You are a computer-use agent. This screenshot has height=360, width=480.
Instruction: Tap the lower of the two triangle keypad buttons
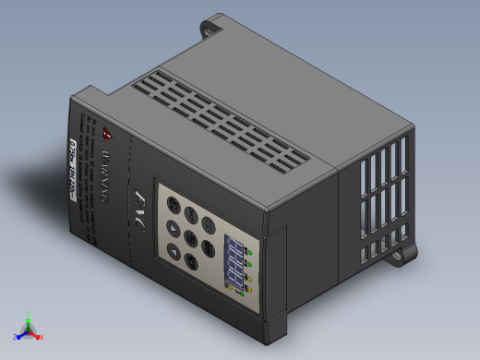[x=173, y=251]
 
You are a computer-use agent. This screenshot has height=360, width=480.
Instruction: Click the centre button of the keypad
[x=189, y=238]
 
